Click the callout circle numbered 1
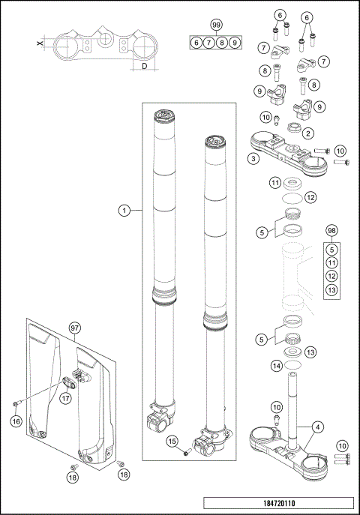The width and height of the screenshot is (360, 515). (x=125, y=211)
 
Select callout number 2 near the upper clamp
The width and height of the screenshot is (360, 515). (x=308, y=133)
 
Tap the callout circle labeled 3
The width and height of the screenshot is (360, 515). (x=254, y=158)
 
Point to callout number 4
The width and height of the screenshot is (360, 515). (x=319, y=426)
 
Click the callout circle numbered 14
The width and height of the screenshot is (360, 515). (x=277, y=366)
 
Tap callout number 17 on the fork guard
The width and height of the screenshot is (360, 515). (x=66, y=399)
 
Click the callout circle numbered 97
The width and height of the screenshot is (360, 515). (x=74, y=328)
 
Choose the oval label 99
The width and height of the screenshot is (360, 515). (x=216, y=25)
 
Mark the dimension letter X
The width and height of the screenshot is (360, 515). (x=40, y=45)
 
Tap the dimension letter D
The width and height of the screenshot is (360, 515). (x=143, y=67)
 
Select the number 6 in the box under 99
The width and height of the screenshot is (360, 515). (x=196, y=43)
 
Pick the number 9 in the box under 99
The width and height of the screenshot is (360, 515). (x=235, y=43)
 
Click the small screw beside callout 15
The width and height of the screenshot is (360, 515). (x=186, y=452)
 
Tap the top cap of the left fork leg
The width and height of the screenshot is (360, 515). (x=163, y=115)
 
